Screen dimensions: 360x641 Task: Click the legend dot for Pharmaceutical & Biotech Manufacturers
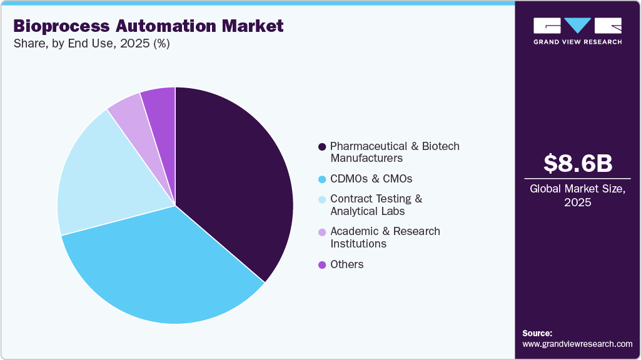pyautogui.click(x=322, y=147)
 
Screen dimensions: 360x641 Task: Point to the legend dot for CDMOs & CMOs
pyautogui.click(x=322, y=179)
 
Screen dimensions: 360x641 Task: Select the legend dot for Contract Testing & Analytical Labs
pyautogui.click(x=322, y=199)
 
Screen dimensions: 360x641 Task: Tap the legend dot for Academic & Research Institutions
pyautogui.click(x=322, y=232)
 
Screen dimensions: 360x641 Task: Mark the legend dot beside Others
pyautogui.click(x=322, y=265)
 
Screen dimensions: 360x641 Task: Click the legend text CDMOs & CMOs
pyautogui.click(x=371, y=179)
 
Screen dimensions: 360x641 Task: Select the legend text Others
pyautogui.click(x=346, y=264)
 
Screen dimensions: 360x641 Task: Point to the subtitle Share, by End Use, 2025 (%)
pyautogui.click(x=91, y=44)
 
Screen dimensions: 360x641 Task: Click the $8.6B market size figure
pyautogui.click(x=577, y=163)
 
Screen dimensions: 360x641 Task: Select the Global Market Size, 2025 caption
pyautogui.click(x=577, y=196)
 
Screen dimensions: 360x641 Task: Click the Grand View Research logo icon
pyautogui.click(x=577, y=26)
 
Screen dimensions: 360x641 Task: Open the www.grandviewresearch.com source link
pyautogui.click(x=577, y=344)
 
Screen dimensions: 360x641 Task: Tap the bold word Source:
pyautogui.click(x=537, y=333)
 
